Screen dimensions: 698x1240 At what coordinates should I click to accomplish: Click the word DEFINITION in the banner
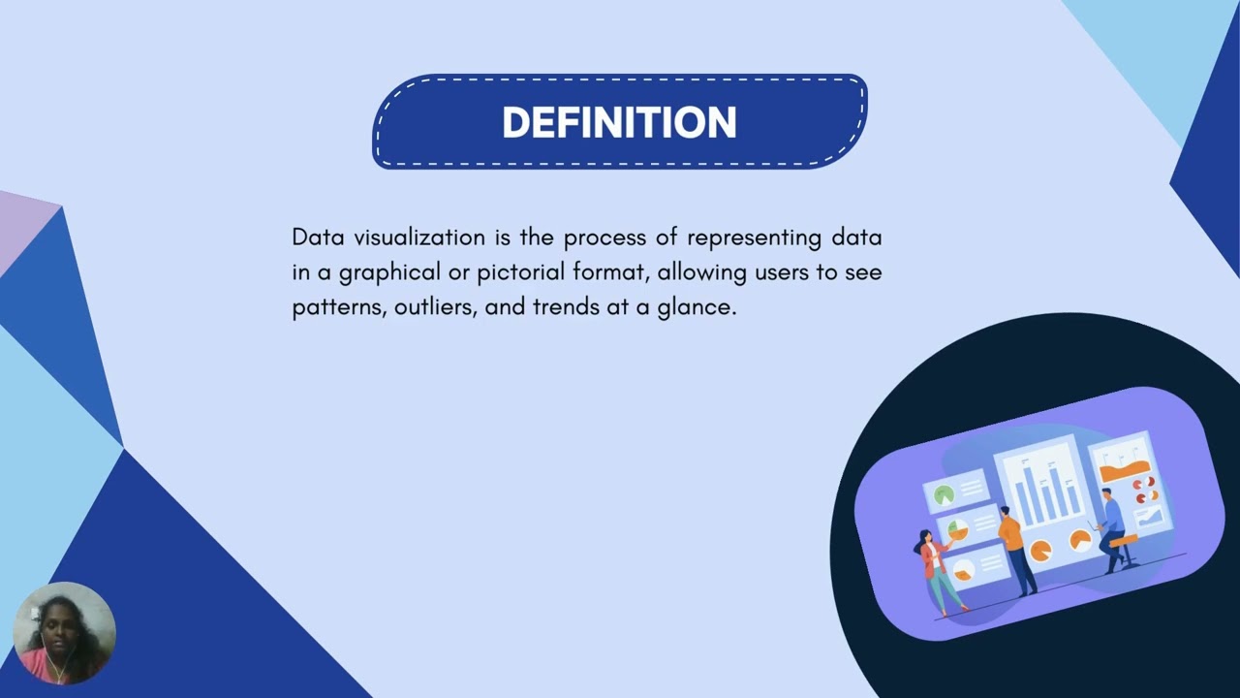[619, 123]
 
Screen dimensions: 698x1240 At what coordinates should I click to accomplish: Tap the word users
[781, 272]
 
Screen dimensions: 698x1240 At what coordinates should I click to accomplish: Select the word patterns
[338, 308]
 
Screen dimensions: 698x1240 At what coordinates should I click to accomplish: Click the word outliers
[433, 308]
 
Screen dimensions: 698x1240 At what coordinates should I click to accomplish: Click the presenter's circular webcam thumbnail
[64, 634]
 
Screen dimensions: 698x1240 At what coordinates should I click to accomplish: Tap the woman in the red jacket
[937, 572]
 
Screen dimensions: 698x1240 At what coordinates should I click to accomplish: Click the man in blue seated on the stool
[1112, 528]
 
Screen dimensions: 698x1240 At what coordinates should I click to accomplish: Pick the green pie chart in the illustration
[944, 495]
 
